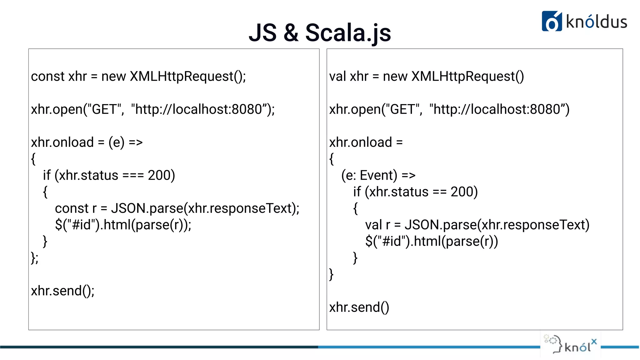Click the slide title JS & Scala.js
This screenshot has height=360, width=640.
pos(320,32)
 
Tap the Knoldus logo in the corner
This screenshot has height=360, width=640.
pos(584,21)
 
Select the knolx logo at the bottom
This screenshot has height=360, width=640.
pos(570,345)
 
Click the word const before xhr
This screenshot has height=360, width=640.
pos(48,76)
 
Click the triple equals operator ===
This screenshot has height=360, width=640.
pos(133,175)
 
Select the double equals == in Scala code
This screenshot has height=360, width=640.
pos(440,192)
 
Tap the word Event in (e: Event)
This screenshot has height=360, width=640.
pos(378,175)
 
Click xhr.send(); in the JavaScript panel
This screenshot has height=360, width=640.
pos(63,291)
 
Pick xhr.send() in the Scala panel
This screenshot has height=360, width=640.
pos(359,307)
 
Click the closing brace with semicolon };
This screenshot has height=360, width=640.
pos(35,258)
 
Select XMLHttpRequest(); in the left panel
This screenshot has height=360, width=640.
pos(188,76)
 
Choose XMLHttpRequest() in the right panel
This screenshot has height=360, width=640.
pos(468,76)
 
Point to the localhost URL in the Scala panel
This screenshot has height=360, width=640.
pos(499,109)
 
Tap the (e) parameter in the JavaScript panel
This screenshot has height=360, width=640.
pos(116,142)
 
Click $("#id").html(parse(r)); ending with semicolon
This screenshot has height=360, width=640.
pos(123,225)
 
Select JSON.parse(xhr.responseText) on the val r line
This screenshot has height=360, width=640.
pos(497,225)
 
